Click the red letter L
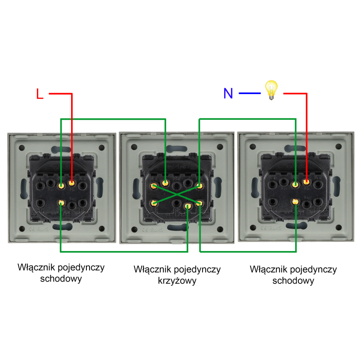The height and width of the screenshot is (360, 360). click(40, 94)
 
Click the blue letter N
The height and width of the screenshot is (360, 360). click(228, 94)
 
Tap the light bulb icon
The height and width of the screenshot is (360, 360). click(271, 89)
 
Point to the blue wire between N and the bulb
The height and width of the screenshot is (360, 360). click(250, 94)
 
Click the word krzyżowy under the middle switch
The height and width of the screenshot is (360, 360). click(177, 281)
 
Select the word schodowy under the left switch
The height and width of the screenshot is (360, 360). click(61, 279)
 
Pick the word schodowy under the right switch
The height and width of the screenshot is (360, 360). click(293, 281)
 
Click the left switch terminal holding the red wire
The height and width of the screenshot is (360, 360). click(71, 183)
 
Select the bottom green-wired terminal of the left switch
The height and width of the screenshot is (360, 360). click(61, 203)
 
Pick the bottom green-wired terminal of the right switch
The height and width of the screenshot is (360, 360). click(295, 202)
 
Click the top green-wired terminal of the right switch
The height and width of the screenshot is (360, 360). click(295, 184)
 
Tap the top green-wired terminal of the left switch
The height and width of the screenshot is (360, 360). click(61, 184)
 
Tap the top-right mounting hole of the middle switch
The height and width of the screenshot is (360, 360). click(220, 147)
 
